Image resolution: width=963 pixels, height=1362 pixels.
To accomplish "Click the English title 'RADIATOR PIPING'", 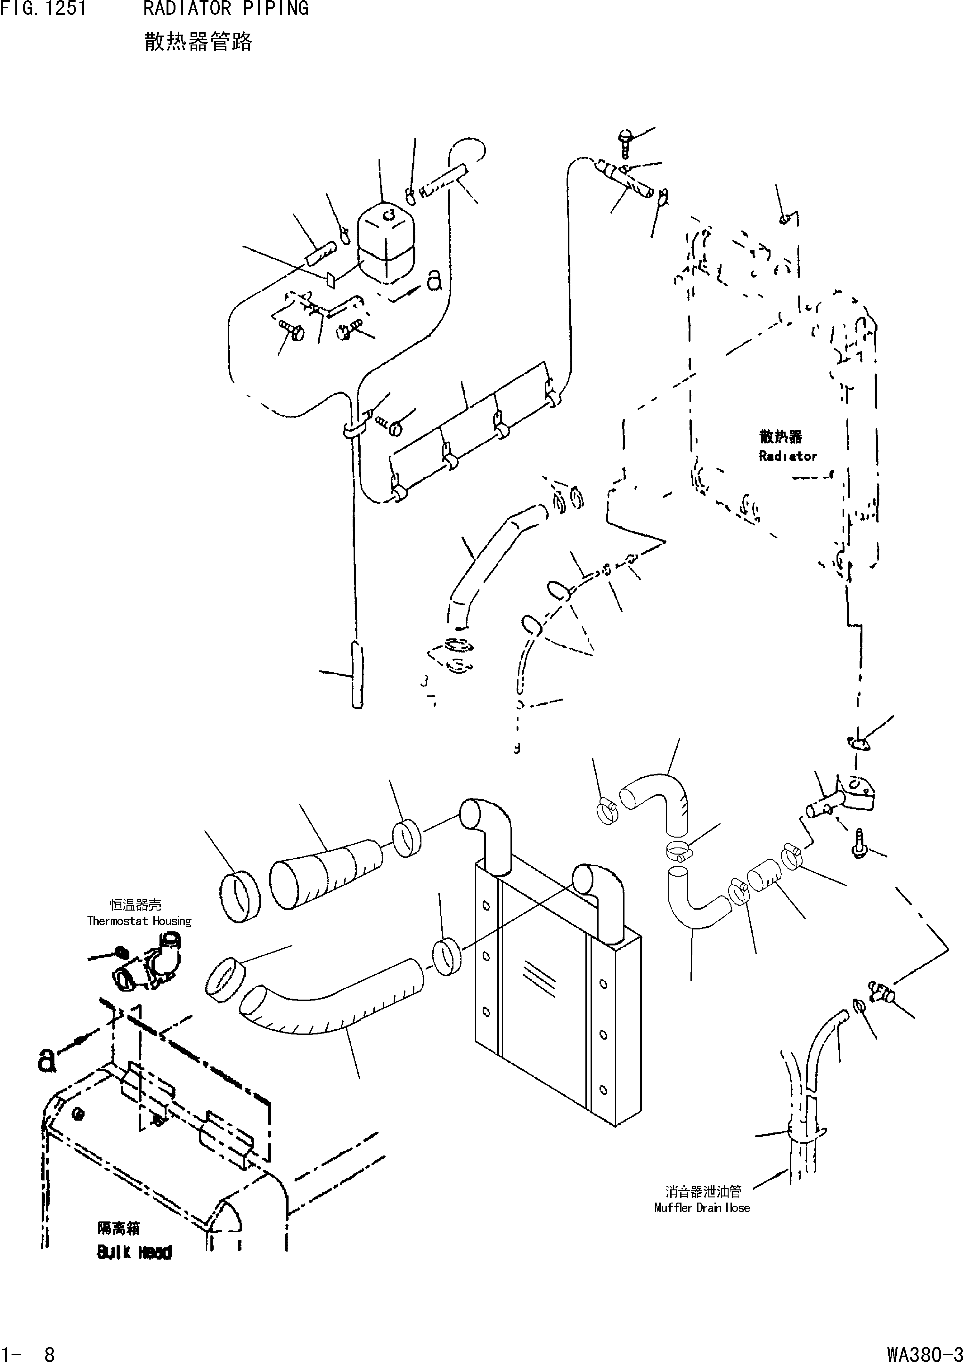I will (225, 9).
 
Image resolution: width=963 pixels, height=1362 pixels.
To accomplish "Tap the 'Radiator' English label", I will (788, 456).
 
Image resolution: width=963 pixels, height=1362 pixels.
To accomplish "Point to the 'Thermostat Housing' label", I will (139, 921).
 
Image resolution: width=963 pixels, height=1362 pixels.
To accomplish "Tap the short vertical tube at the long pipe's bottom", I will (356, 675).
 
